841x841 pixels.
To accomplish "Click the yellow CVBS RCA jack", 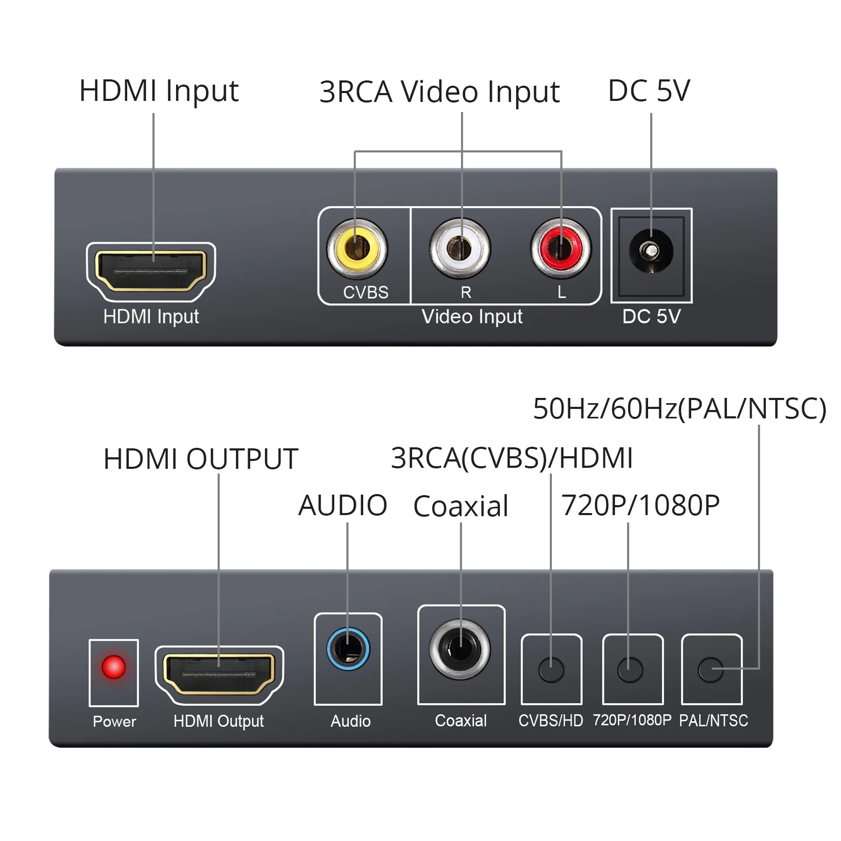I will pyautogui.click(x=357, y=248).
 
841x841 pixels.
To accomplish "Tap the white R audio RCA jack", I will pyautogui.click(x=459, y=248).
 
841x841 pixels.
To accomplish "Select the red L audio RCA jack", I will pyautogui.click(x=560, y=248).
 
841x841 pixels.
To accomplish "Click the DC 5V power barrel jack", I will pyautogui.click(x=651, y=251).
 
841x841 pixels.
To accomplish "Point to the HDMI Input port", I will pyautogui.click(x=151, y=271).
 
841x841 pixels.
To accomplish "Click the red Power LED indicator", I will pyautogui.click(x=114, y=667).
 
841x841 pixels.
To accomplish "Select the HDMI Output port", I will pyautogui.click(x=219, y=674).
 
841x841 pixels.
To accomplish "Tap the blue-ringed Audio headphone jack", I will pyautogui.click(x=348, y=649).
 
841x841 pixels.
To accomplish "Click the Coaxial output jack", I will pyautogui.click(x=460, y=649).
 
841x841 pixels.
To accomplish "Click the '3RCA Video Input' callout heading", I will pyautogui.click(x=439, y=92).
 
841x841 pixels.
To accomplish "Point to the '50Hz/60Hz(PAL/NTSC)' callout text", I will pyautogui.click(x=679, y=408).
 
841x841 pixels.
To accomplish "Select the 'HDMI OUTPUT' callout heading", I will pyautogui.click(x=201, y=458).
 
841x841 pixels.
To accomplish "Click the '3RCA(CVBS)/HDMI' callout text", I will pyautogui.click(x=511, y=458).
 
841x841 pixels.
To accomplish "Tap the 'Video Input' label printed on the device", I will pyautogui.click(x=472, y=316).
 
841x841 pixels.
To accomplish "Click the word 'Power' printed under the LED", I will pyautogui.click(x=114, y=721).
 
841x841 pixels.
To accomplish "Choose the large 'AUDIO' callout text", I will pyautogui.click(x=343, y=506).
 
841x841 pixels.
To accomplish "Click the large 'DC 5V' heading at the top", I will pyautogui.click(x=649, y=90).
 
